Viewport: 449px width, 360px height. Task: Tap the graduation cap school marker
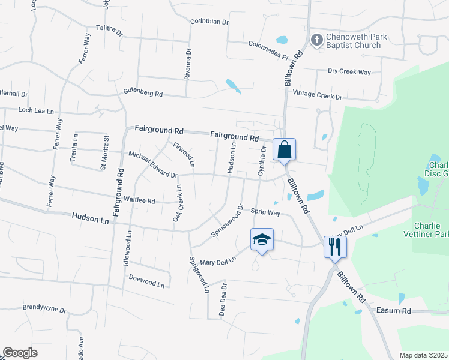tap(261, 240)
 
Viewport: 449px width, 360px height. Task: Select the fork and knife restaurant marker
tap(334, 245)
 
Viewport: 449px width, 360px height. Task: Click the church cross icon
tap(316, 40)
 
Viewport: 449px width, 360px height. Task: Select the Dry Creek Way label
tap(349, 71)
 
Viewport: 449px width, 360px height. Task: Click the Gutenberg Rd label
tap(143, 94)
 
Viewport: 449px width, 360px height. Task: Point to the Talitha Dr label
tap(109, 31)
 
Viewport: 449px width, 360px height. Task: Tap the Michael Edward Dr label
tap(153, 164)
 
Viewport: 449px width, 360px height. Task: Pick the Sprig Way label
tap(265, 212)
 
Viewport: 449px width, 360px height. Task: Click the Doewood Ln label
tap(146, 280)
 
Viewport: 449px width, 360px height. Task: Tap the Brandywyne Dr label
tap(44, 308)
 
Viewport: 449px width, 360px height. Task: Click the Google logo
tap(20, 353)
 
